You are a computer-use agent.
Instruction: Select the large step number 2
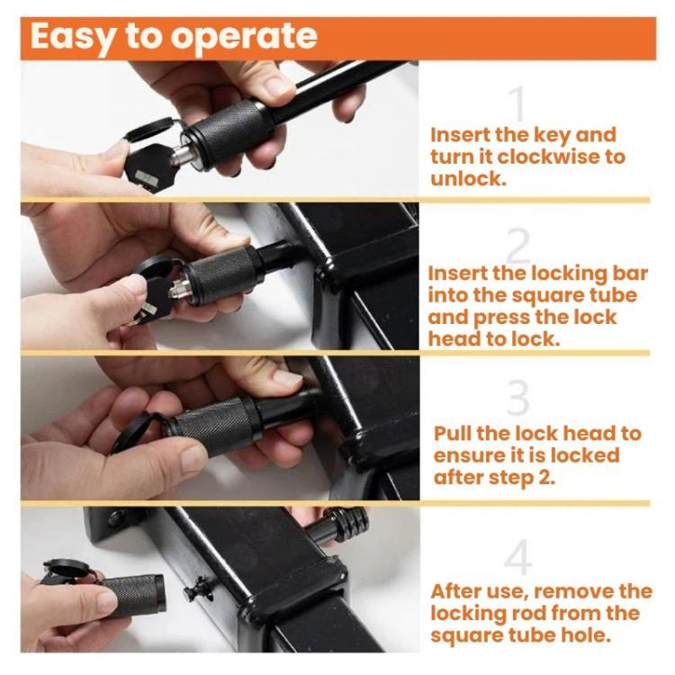[517, 245]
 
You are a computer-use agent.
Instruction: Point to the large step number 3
[518, 397]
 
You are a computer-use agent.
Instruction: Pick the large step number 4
[518, 557]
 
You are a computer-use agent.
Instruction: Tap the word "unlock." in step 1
[468, 179]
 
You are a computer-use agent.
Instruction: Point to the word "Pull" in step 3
[451, 433]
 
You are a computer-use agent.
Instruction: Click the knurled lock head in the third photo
[214, 426]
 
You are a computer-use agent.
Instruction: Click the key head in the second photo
[154, 296]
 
